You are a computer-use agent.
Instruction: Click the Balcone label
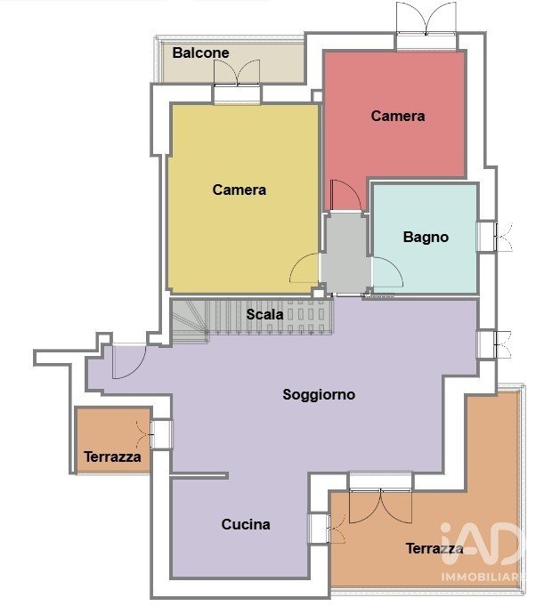[200, 53]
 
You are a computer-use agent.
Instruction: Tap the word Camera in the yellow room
[240, 190]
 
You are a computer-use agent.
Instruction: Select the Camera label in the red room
[398, 116]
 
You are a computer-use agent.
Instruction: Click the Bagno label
[426, 238]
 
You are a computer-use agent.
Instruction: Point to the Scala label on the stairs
[264, 314]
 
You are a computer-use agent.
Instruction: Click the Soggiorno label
[319, 394]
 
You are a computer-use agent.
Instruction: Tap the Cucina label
[246, 524]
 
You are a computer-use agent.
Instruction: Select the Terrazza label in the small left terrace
[112, 457]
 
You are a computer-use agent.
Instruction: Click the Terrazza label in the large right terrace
[434, 549]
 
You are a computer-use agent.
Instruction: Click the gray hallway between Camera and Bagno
[345, 254]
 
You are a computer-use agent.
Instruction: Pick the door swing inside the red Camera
[345, 195]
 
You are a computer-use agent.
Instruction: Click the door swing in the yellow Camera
[304, 268]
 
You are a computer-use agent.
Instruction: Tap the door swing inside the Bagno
[387, 271]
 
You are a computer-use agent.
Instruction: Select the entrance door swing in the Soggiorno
[129, 361]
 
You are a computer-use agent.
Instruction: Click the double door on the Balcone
[237, 73]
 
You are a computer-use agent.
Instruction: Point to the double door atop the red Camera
[426, 18]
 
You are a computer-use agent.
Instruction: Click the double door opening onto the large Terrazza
[380, 506]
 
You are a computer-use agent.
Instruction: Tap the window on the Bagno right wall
[494, 237]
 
